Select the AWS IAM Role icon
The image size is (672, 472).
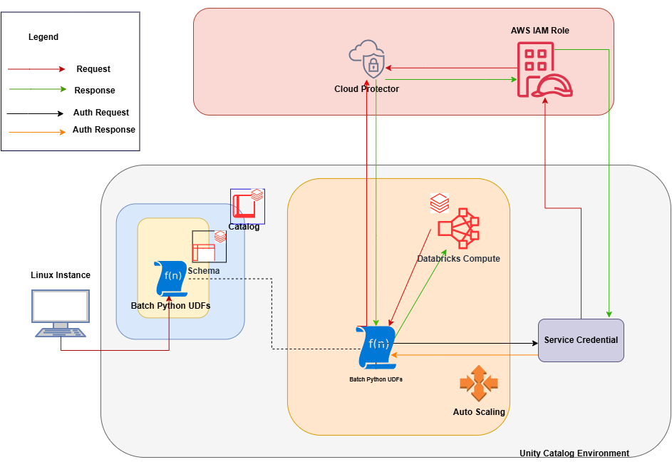543,70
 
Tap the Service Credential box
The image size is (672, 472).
581,340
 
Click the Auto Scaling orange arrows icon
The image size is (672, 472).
478,382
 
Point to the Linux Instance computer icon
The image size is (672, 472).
61,312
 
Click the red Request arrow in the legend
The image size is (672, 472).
36,69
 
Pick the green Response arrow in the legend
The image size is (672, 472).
36,90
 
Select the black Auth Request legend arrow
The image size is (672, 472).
36,113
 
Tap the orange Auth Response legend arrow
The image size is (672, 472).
36,131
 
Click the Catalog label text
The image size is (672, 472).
244,227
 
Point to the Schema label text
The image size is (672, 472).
204,271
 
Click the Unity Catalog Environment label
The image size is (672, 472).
574,453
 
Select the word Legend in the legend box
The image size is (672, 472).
43,37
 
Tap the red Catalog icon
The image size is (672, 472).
247,205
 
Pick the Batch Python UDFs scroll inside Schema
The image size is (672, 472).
170,279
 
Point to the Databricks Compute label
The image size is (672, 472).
458,258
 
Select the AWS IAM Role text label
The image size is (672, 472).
540,31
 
